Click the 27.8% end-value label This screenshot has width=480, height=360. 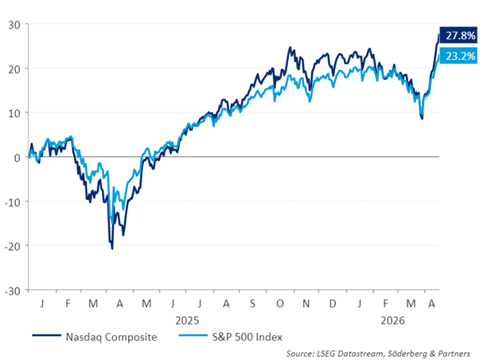tap(461, 36)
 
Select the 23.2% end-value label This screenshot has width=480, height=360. tap(461, 57)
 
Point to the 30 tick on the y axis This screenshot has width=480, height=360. tap(14, 24)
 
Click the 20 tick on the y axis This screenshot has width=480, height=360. tap(14, 68)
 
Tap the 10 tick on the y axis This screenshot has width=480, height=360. tap(14, 112)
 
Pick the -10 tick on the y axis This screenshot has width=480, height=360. tap(13, 202)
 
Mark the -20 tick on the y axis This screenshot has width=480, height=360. tap(13, 245)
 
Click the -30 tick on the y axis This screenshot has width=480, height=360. tap(13, 290)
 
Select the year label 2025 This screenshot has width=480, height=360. tap(187, 320)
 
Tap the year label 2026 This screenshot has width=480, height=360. tap(394, 320)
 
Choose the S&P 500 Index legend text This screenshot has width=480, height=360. tap(248, 337)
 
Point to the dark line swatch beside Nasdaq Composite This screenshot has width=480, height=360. tap(45, 337)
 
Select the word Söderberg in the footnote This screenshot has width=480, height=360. tap(409, 352)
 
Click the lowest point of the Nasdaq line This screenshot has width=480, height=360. tap(112, 249)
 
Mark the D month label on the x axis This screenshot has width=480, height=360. tap(332, 303)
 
